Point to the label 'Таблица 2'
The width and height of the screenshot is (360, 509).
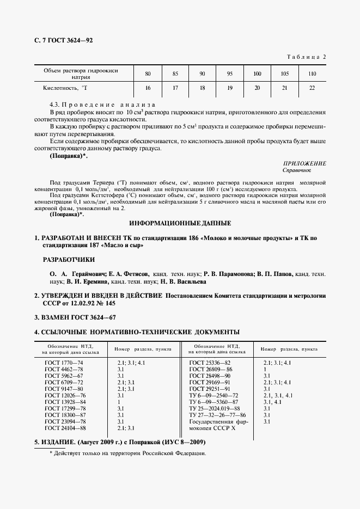pos(306,57)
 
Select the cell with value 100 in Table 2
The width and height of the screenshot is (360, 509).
pos(257,73)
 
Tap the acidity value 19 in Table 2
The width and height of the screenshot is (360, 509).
pos(229,88)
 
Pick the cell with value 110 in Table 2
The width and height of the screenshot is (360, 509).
pos(312,73)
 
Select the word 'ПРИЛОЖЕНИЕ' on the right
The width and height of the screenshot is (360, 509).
pos(305,163)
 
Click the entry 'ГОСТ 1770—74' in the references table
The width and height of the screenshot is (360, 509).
pos(64,362)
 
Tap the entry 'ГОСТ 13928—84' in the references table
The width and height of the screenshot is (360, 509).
pos(65,401)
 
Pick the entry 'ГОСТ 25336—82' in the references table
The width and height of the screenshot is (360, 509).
pos(210,362)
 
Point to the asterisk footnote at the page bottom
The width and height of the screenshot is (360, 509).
pos(127,453)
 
